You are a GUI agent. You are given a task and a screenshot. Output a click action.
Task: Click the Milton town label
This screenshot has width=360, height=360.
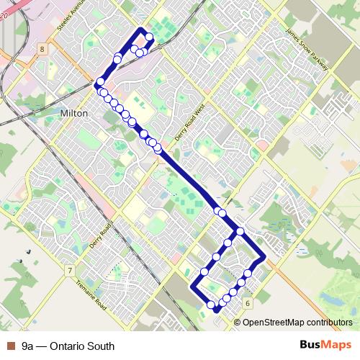coord(74,114)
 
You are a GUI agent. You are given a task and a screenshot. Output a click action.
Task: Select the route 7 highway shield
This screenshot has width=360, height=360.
coord(69,270)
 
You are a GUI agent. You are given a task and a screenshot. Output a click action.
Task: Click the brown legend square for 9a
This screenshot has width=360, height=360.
coord(10,346)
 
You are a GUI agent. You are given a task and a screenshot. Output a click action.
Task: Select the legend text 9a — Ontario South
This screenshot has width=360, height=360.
coord(68,346)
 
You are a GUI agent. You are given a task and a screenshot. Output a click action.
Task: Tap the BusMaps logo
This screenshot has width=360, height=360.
coord(325,346)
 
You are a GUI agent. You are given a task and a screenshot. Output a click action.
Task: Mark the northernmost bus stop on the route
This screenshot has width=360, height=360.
coord(148,37)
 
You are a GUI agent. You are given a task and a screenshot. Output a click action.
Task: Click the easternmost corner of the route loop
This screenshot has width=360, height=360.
coord(265,257)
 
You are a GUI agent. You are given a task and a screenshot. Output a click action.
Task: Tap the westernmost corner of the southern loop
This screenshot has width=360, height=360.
coord(192,287)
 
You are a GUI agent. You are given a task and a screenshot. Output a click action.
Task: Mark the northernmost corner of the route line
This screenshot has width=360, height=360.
coord(141,29)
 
